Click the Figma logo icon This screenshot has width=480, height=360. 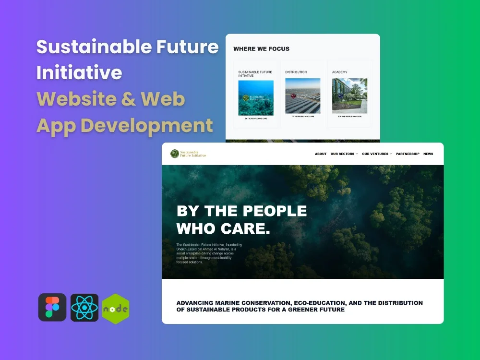[52, 308]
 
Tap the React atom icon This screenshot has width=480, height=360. [84, 308]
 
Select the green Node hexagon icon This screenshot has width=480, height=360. [116, 309]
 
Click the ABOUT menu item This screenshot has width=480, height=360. [321, 154]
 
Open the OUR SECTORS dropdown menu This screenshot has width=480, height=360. [344, 154]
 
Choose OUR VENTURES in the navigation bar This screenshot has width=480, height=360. [377, 154]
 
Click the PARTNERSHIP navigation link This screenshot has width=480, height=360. [408, 154]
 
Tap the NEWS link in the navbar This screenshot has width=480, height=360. [428, 154]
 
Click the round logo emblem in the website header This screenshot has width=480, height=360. [175, 154]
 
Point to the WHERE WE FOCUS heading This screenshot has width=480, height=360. [261, 49]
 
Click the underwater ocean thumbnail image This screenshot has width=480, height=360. [256, 98]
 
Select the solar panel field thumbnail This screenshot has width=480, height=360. [302, 96]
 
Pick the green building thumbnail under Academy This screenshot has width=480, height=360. [349, 96]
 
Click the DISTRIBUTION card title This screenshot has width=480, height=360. [296, 72]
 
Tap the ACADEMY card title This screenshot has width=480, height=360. [339, 72]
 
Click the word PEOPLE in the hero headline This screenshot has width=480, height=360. [275, 211]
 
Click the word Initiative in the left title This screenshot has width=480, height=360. [79, 73]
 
